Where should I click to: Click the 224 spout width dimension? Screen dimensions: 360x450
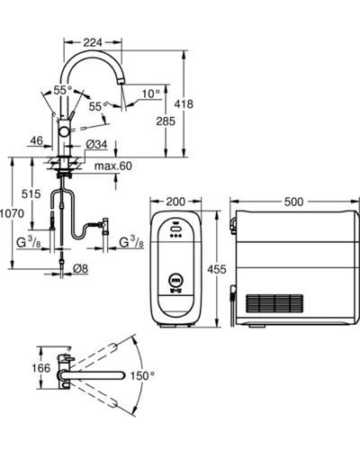[93, 42]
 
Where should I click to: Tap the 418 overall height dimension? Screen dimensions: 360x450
[184, 104]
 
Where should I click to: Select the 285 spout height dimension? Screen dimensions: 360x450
[166, 121]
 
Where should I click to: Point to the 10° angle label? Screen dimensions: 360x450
[151, 94]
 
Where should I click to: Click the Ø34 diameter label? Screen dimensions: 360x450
[96, 145]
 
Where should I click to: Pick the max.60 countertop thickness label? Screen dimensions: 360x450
[113, 166]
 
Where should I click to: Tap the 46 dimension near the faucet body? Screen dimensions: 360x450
[37, 140]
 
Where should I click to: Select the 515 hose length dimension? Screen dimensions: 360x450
[31, 194]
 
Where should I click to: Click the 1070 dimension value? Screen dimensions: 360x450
[12, 213]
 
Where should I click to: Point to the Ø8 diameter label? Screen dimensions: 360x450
[81, 268]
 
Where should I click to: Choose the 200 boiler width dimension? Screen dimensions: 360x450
[175, 202]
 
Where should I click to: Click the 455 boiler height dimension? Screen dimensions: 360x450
[217, 269]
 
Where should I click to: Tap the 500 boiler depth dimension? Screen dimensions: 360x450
[294, 202]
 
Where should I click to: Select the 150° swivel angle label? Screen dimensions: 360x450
[142, 375]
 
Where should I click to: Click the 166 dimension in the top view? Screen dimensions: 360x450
[41, 368]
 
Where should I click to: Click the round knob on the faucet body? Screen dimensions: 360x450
[64, 131]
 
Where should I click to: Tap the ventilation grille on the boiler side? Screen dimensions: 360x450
[274, 303]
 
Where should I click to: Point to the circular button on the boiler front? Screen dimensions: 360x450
[176, 280]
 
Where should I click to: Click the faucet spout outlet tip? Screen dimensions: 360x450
[121, 81]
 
